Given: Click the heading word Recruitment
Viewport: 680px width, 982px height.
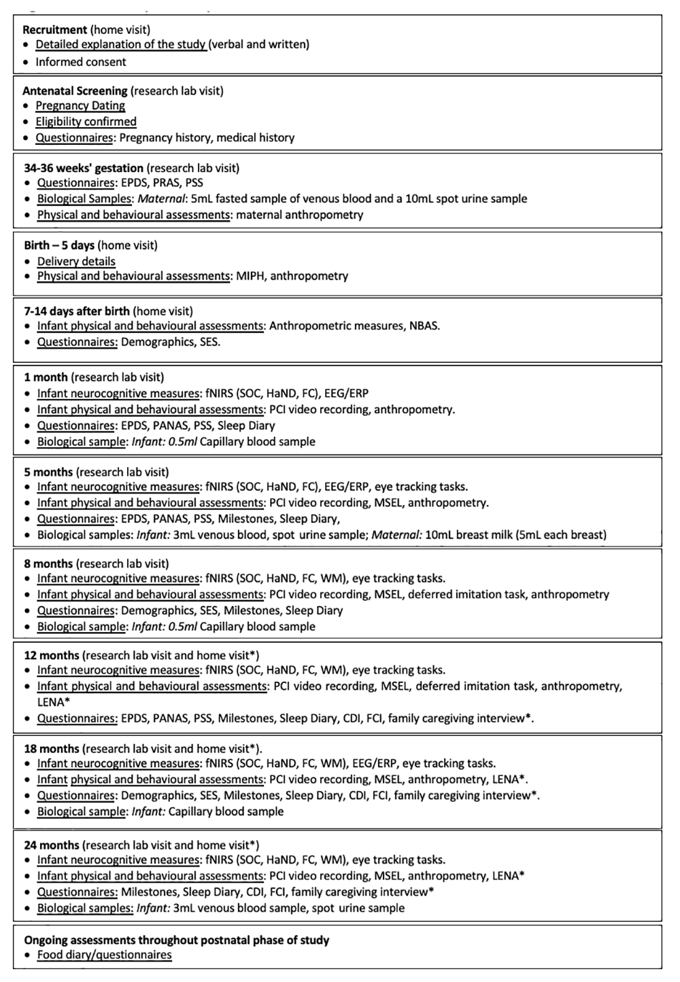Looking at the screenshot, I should coord(54,30).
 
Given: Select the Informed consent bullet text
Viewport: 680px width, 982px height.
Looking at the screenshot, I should coord(81,62).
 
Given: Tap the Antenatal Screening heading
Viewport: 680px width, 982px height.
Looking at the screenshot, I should coord(75,90).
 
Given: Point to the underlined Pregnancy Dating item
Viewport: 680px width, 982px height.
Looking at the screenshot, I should coord(80,105).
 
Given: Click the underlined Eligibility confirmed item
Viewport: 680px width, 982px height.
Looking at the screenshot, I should coord(86,122).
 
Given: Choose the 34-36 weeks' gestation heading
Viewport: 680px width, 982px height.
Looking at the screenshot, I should coord(84,168).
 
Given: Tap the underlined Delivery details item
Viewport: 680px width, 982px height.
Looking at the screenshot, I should coord(76,262).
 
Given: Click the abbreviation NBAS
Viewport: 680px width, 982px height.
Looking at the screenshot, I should coord(424,326).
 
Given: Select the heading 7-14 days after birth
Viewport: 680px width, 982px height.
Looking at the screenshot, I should coord(77,311).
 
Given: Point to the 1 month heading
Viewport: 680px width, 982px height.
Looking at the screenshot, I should coord(46,377).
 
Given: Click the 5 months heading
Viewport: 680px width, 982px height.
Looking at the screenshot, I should coord(48,472).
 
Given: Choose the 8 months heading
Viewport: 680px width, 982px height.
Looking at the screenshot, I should coord(48,563).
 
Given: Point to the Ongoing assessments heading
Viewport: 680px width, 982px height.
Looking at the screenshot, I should coord(176,941).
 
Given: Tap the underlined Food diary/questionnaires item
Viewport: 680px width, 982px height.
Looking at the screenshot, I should coord(104,955).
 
